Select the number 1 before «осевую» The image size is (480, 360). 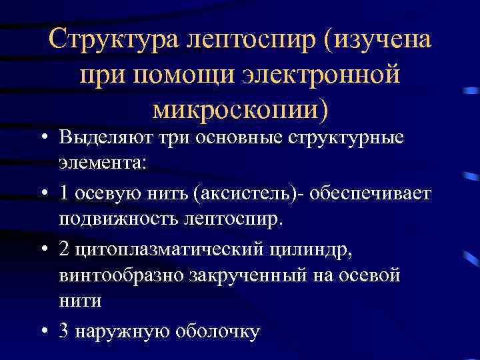pos(63,193)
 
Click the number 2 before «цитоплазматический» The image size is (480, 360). pos(63,249)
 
